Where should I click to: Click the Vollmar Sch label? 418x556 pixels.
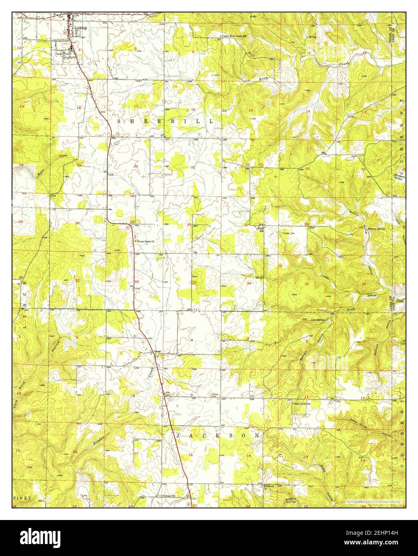[x=171, y=496]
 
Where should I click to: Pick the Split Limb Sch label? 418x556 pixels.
[x=303, y=404]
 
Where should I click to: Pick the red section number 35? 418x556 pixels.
[x=307, y=284]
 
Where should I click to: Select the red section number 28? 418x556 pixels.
[x=189, y=225]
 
